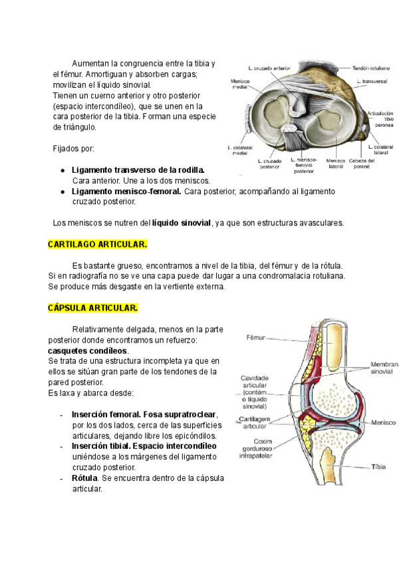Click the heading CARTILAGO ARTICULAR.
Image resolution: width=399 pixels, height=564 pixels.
(x=98, y=245)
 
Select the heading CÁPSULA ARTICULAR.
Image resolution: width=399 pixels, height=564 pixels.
(x=93, y=308)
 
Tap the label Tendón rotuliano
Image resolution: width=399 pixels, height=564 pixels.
(x=369, y=68)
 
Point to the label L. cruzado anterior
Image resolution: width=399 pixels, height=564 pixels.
(x=269, y=68)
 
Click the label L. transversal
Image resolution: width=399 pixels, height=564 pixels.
(x=373, y=82)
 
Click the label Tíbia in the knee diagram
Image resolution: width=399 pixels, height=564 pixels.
(x=377, y=467)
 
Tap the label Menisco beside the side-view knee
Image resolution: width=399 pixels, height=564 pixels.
(x=384, y=422)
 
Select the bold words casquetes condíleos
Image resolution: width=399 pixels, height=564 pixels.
(x=88, y=350)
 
